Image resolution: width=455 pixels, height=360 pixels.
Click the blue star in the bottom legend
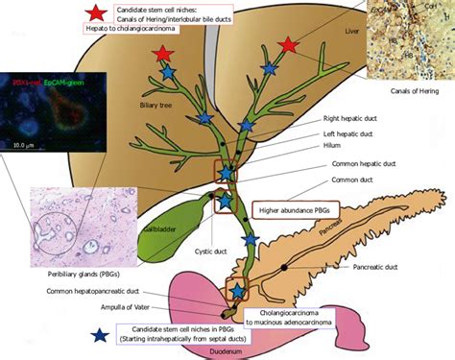[x=99, y=336]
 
